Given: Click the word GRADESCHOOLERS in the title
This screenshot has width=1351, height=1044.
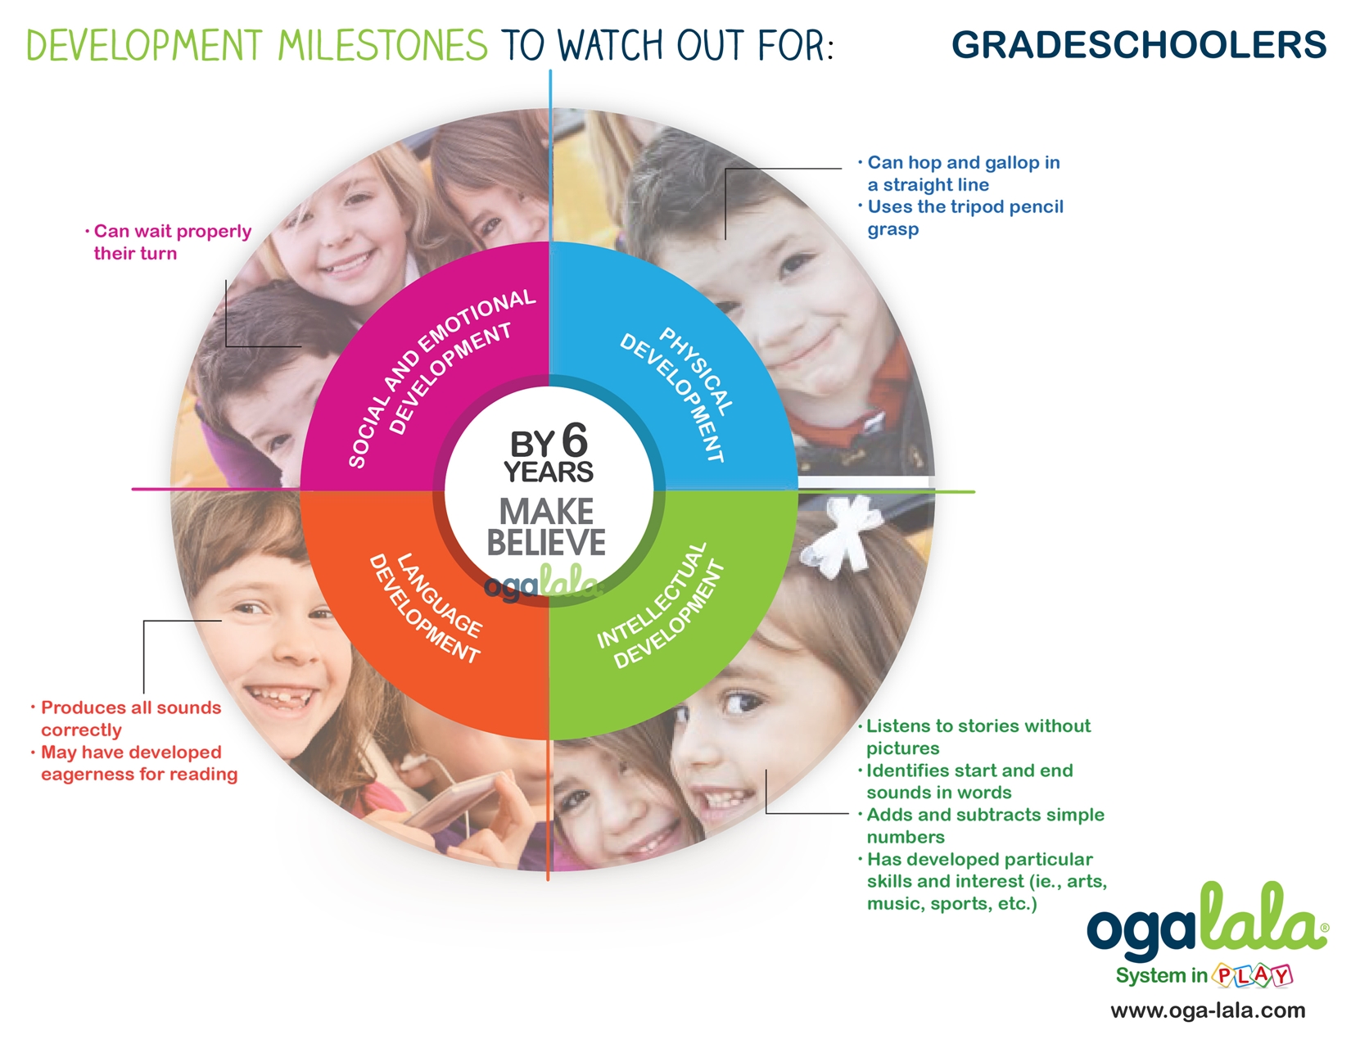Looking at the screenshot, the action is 1139,45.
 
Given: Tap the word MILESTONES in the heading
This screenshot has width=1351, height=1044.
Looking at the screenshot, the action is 382,45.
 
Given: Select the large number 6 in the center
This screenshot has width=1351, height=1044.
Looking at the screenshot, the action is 575,441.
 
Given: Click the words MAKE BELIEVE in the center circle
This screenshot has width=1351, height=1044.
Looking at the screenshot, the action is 546,527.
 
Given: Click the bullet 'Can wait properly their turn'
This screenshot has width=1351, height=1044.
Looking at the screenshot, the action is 168,242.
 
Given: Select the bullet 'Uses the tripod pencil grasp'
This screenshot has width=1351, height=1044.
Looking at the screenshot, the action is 960,218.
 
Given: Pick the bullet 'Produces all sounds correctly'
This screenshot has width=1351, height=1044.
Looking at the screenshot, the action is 126,718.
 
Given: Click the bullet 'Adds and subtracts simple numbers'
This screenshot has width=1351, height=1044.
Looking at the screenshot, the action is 981,825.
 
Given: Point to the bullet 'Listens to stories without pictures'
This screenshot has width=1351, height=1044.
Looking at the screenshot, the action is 974,736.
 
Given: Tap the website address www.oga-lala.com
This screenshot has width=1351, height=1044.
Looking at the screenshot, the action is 1208,1010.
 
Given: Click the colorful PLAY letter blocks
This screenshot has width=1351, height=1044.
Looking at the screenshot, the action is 1252,975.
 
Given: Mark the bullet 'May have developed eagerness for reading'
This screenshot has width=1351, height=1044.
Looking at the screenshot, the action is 134,763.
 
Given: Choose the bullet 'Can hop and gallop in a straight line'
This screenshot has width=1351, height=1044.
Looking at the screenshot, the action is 960,174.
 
